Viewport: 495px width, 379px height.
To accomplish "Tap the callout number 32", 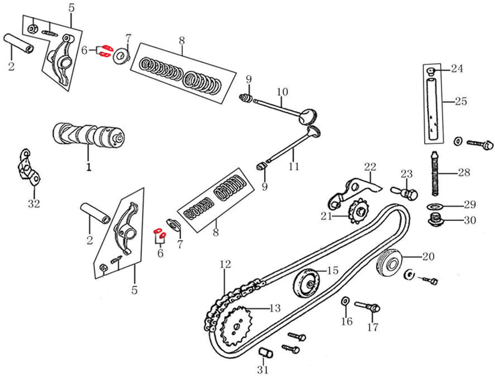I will coord(34,204).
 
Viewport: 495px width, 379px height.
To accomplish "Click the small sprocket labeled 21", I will coord(358,212).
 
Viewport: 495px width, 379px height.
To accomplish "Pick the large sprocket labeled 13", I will coord(238,325).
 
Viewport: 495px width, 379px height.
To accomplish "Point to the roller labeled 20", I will coord(390,262).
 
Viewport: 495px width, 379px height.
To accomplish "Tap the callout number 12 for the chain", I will coord(225,264).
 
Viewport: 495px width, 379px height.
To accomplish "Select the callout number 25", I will coord(460,102).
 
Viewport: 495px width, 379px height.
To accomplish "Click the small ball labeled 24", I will coord(431,71).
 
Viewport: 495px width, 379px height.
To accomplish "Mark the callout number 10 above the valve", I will coord(283,92).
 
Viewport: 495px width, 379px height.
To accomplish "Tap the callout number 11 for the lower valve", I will coord(293,166).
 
